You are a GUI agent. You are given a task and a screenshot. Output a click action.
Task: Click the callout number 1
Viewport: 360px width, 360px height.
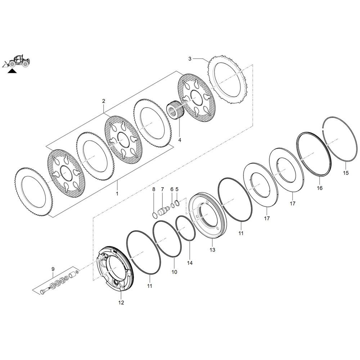(x=116, y=193)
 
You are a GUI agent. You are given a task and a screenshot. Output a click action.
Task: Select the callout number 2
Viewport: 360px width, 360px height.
(x=103, y=101)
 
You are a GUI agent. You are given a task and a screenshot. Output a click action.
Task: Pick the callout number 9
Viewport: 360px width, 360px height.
(x=53, y=269)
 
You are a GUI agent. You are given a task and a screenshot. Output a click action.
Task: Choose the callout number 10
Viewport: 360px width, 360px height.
(x=174, y=272)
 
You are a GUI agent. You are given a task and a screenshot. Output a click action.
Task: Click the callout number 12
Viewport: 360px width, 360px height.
(x=121, y=303)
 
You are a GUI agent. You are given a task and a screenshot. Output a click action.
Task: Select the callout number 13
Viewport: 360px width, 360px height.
(x=212, y=249)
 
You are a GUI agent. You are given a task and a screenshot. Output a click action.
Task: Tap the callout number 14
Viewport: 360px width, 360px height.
(x=190, y=263)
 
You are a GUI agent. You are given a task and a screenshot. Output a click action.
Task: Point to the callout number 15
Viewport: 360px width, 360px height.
(x=346, y=173)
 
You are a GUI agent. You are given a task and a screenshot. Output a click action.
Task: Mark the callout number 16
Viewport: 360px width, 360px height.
(x=320, y=188)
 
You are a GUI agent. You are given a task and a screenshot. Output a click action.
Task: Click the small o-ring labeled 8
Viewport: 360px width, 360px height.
(x=154, y=215)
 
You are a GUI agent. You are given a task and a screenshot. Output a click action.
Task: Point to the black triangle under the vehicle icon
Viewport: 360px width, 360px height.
(x=12, y=71)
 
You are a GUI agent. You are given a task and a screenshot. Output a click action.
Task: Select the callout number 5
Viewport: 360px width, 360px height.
(x=177, y=189)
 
